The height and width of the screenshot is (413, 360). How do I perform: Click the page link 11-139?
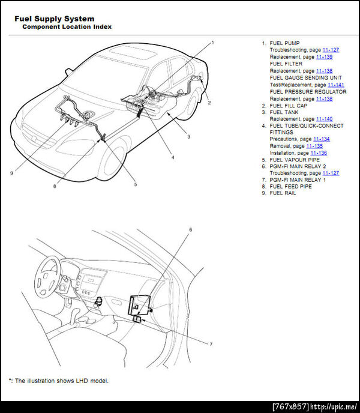click(325, 56)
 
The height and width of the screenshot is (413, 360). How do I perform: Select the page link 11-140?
click(324, 119)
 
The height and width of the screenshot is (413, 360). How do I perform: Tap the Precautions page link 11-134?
click(321, 139)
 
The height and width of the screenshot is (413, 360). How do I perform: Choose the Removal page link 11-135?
click(314, 146)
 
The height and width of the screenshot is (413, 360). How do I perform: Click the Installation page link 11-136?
click(319, 152)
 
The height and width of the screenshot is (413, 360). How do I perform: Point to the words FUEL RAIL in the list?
click(283, 193)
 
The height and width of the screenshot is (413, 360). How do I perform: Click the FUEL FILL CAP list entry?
click(289, 106)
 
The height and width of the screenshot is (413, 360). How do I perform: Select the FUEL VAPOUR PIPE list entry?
click(295, 160)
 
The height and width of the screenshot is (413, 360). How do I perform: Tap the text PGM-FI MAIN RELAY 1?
click(298, 179)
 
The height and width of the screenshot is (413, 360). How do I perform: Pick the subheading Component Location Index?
click(67, 28)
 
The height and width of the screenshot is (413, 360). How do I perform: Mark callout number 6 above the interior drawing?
click(191, 230)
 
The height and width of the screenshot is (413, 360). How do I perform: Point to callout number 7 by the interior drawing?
click(210, 344)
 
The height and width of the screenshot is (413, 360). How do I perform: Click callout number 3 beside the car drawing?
click(188, 137)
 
